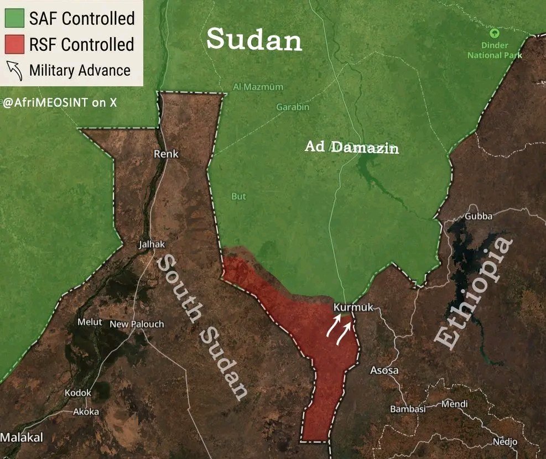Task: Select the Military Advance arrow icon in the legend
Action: pos(14,70)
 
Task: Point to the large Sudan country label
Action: pos(254,39)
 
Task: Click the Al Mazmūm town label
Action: pos(258,87)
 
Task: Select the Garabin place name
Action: pos(293,107)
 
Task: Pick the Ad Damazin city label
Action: pos(352,148)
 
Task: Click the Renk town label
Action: pos(166,154)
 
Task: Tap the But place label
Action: pos(238,196)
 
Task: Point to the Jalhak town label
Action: pos(152,244)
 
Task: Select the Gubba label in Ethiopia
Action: pos(479,216)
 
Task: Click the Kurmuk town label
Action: pos(354,307)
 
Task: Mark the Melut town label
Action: pos(90,322)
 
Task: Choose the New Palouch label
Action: pos(137,324)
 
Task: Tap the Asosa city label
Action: pos(384,371)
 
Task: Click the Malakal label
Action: pos(22,437)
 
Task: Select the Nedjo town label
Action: pos(505,442)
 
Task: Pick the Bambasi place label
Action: pos(408,409)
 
